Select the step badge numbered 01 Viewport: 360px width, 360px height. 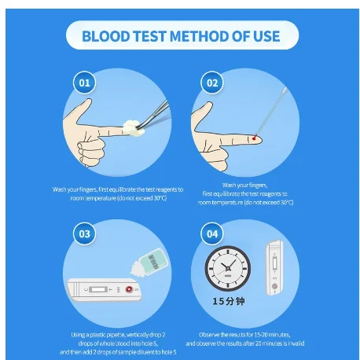[85, 82]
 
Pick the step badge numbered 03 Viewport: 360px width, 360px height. [84, 233]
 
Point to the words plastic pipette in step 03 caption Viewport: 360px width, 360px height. [106, 333]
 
